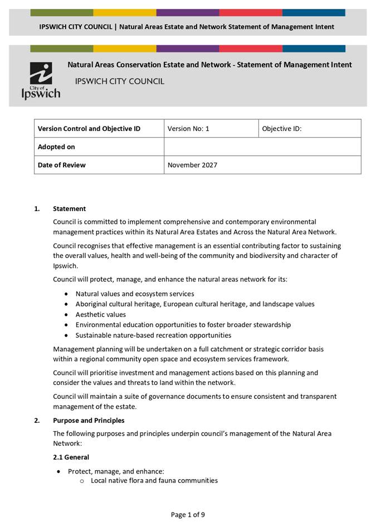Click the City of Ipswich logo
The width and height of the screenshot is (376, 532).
click(x=41, y=81)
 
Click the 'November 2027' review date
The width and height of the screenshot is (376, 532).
click(x=192, y=165)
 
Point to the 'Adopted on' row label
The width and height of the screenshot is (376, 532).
click(x=56, y=147)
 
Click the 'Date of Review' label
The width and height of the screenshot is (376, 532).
click(x=62, y=165)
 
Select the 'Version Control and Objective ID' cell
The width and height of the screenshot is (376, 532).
click(x=89, y=129)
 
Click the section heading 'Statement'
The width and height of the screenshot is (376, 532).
click(x=69, y=209)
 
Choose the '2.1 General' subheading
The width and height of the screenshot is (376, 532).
click(x=71, y=457)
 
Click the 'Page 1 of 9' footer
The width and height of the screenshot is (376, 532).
click(x=188, y=515)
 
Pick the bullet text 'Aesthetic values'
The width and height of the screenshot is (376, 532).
click(x=101, y=315)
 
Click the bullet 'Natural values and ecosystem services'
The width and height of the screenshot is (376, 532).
click(x=135, y=294)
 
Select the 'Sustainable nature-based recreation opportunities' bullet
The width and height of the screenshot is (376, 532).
click(x=153, y=335)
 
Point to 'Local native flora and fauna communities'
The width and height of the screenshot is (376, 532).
click(x=154, y=480)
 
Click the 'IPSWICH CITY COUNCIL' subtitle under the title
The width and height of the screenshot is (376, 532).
click(x=120, y=81)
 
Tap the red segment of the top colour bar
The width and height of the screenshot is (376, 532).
click(x=250, y=12)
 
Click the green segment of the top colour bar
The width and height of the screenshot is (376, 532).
click(x=62, y=12)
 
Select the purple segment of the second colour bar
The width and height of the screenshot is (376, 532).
click(x=187, y=49)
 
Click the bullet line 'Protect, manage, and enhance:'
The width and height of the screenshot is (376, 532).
click(x=116, y=471)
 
